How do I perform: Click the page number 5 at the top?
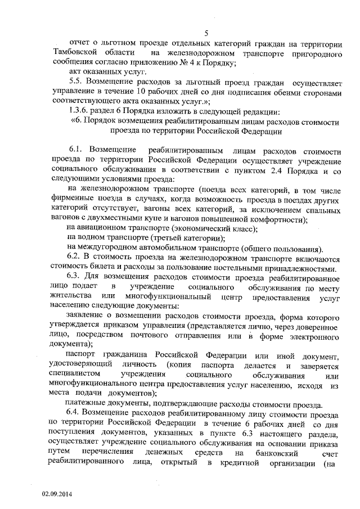tap(206, 33)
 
